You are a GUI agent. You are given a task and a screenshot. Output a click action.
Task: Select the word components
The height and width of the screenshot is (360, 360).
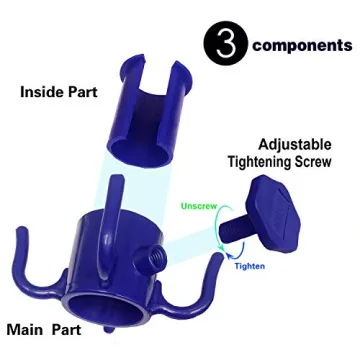[302, 46]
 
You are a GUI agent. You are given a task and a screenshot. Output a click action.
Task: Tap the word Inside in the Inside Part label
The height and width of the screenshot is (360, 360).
[45, 93]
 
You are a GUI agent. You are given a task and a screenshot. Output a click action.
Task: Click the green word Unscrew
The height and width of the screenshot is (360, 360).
[199, 207]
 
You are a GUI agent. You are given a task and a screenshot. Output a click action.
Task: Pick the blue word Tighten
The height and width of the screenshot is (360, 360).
[250, 267]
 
